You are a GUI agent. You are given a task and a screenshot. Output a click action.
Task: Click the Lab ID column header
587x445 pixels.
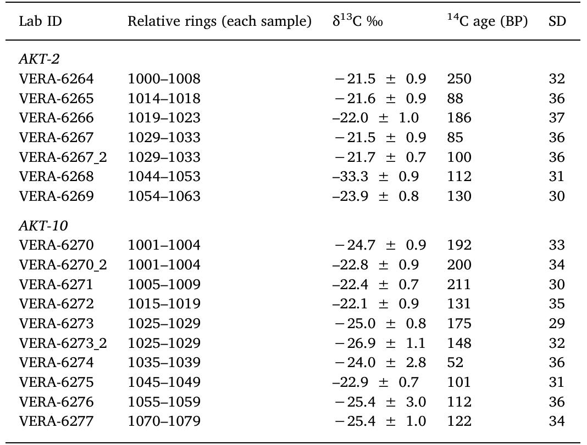click(41, 22)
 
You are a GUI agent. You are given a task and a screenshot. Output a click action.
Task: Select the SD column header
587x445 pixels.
click(557, 22)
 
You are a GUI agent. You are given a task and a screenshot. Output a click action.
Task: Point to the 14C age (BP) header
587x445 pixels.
click(487, 22)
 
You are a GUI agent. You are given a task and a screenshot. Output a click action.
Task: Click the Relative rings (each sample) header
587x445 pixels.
click(220, 22)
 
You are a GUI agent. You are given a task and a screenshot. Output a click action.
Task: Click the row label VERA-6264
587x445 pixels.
click(57, 79)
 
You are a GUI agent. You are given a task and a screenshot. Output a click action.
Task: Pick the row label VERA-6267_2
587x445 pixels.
click(63, 157)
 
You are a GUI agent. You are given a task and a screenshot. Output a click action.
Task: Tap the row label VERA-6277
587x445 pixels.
click(57, 421)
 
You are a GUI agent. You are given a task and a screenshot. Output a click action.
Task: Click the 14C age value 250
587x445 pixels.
click(459, 79)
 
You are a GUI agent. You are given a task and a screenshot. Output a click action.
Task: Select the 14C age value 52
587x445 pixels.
click(455, 363)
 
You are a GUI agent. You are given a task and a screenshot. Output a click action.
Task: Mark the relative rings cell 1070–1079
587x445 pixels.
click(164, 421)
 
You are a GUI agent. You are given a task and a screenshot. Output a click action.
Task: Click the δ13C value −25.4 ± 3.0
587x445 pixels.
click(380, 402)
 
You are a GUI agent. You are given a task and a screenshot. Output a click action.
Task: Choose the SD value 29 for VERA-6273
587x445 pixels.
click(557, 324)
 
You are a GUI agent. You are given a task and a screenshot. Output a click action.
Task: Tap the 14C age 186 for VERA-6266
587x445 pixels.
click(459, 118)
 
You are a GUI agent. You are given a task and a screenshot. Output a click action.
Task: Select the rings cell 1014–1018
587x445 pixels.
click(164, 99)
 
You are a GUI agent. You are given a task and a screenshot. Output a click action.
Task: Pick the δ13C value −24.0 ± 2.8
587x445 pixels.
click(380, 363)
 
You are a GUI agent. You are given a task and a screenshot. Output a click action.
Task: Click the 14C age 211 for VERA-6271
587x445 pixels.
click(459, 284)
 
